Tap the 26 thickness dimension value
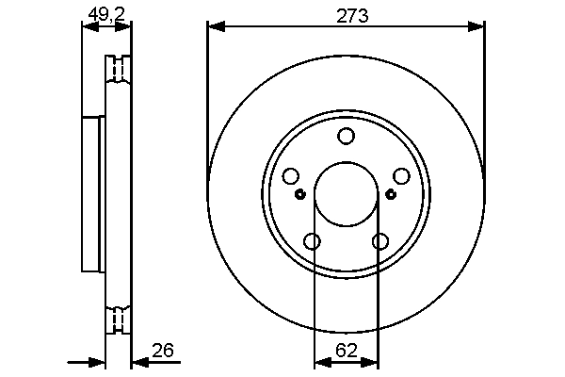tap(163, 351)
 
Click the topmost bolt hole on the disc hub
tap(346, 137)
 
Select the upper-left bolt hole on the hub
tap(290, 176)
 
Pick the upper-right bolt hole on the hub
tap(401, 176)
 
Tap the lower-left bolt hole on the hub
tap(312, 241)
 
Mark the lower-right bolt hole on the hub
tap(380, 241)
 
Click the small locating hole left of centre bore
tap(299, 195)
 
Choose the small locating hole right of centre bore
tap(392, 194)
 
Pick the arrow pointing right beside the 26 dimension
tap(96, 362)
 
